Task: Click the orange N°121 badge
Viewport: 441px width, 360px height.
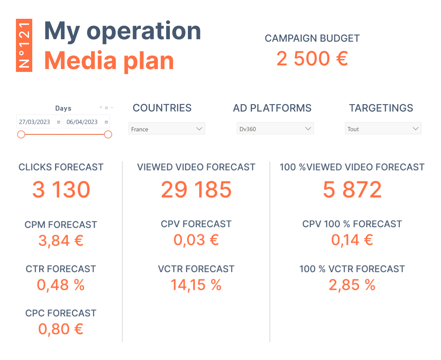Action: (x=24, y=45)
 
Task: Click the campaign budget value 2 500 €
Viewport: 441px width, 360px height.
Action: (x=312, y=58)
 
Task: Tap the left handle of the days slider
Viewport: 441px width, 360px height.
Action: (x=21, y=134)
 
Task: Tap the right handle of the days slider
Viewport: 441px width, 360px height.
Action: (x=108, y=134)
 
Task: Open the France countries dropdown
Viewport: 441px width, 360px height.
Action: (x=167, y=129)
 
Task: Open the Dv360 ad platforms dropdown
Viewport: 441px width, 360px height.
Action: (x=275, y=129)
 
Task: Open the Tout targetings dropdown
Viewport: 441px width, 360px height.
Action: (x=383, y=129)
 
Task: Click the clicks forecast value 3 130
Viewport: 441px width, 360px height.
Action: (x=61, y=190)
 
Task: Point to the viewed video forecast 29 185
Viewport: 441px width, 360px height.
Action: (x=196, y=190)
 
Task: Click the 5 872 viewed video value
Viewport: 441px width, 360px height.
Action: (x=352, y=190)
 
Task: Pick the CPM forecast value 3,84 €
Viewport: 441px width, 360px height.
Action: (x=61, y=241)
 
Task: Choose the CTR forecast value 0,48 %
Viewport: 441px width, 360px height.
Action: (x=61, y=285)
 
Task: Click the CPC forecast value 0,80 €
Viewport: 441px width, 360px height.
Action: (x=61, y=329)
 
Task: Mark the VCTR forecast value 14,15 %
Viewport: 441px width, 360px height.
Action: (x=196, y=285)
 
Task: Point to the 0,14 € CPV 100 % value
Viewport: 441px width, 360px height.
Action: (x=352, y=240)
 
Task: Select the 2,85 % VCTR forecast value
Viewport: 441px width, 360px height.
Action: (x=352, y=285)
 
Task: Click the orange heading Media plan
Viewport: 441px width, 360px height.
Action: (x=109, y=60)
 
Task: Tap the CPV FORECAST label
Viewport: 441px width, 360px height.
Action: (x=196, y=224)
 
